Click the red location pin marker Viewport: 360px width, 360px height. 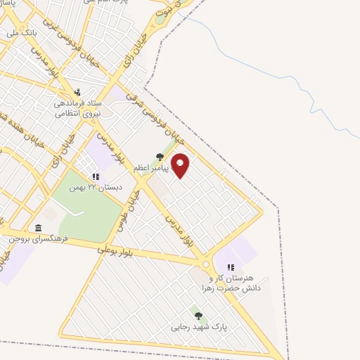pos(180,165)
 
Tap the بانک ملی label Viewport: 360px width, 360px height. pos(20,32)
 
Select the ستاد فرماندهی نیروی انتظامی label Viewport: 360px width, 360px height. pos(79,108)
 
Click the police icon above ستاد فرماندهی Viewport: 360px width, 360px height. pos(78,92)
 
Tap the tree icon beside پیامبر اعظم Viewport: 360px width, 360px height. pos(160,157)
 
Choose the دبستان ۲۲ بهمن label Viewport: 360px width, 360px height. pos(96,188)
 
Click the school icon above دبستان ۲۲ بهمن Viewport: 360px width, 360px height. pos(96,176)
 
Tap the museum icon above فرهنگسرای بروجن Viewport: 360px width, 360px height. pos(38,227)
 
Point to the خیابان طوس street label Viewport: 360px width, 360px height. pos(136,204)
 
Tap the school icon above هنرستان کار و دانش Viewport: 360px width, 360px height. pos(231,267)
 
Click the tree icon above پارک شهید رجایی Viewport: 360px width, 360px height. pos(198,316)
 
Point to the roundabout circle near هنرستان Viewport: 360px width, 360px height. pos(206,264)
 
